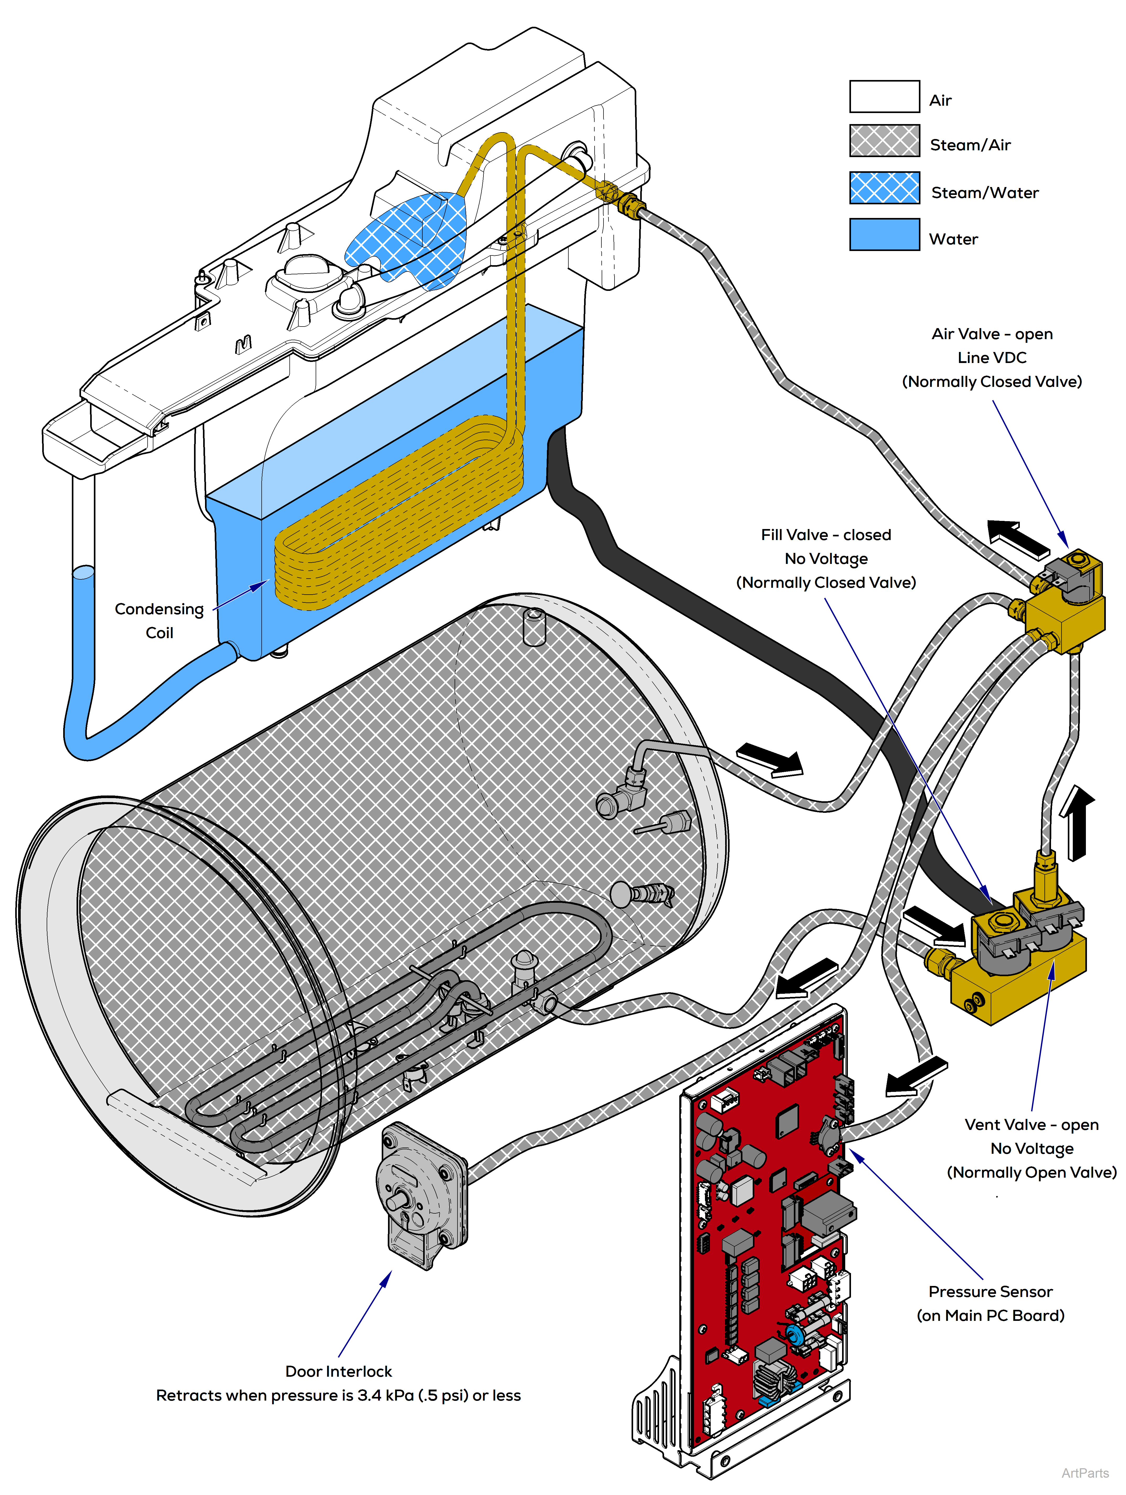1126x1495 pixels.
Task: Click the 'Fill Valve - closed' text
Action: coord(825,535)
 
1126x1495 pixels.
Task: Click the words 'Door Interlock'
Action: coord(338,1371)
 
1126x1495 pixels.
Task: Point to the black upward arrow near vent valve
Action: coord(1077,821)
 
